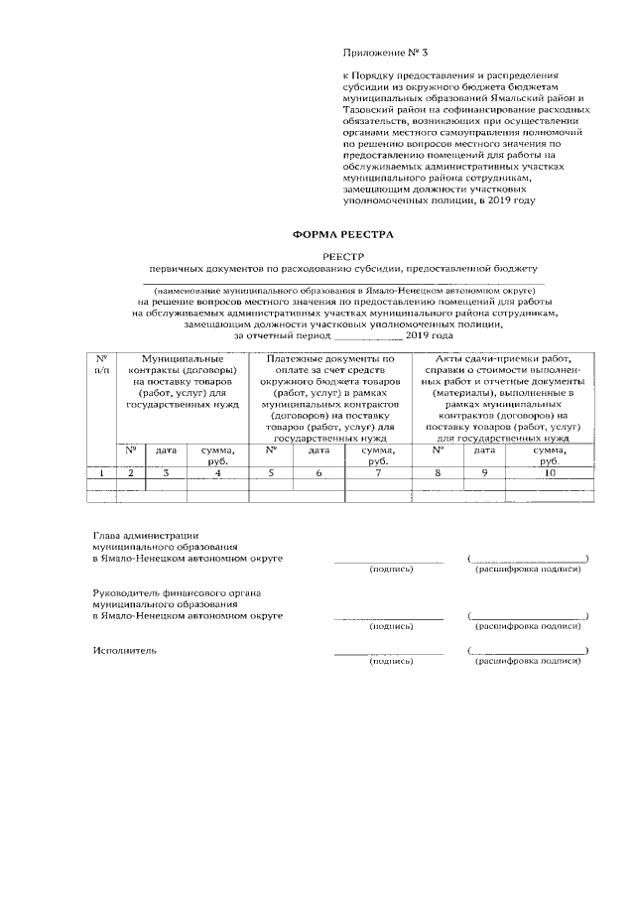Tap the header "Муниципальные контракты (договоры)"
(x=179, y=382)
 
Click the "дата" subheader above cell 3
(x=165, y=450)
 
